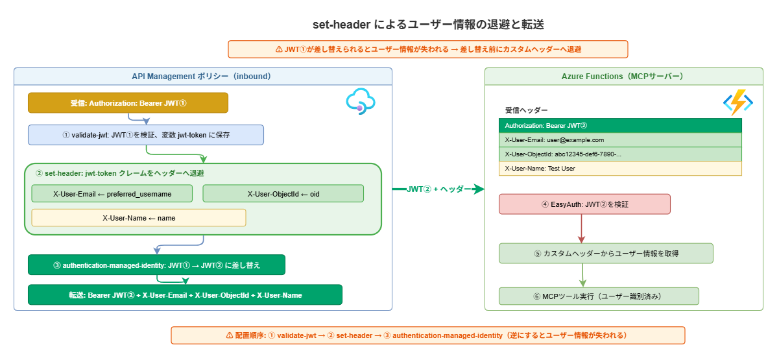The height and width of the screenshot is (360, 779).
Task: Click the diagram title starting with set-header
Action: [x=427, y=25]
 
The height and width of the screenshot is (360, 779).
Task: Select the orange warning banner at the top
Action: [x=428, y=49]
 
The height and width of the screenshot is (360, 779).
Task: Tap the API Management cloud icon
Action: [x=361, y=102]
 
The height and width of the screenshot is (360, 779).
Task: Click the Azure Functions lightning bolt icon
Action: [x=737, y=102]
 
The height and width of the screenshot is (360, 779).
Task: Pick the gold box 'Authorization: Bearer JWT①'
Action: [x=128, y=103]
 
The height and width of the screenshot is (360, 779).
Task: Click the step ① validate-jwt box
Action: [x=146, y=135]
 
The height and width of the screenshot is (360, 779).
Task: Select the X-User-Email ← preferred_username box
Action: [x=112, y=193]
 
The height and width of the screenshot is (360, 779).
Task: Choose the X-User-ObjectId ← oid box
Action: [x=283, y=193]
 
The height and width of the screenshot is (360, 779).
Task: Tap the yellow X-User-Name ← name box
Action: [x=139, y=218]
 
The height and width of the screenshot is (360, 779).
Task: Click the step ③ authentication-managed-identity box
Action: [x=156, y=265]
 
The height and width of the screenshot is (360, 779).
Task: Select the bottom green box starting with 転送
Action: [x=185, y=294]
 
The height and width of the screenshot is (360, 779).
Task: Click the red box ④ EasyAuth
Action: [x=584, y=204]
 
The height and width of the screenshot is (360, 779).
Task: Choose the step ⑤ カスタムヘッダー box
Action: [x=606, y=254]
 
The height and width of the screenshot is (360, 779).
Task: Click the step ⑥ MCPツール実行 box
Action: [x=599, y=296]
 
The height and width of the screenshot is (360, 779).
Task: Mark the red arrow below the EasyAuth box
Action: [x=582, y=228]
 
